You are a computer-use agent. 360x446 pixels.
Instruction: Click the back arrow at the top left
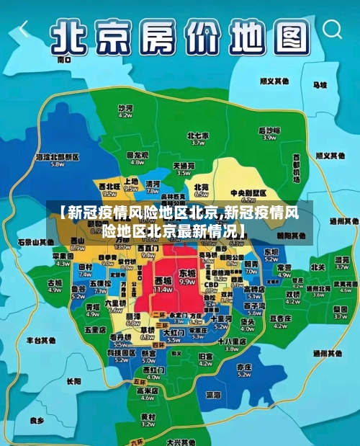point(24,30)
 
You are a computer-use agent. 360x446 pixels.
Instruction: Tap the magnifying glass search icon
point(333,30)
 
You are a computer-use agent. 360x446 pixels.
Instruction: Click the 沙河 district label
point(126,108)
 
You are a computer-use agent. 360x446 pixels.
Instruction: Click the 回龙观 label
point(136,155)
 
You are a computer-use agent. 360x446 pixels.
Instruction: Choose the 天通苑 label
point(184,166)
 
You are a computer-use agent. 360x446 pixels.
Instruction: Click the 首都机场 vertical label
point(296,167)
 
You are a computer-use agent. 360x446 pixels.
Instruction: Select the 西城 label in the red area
point(163,280)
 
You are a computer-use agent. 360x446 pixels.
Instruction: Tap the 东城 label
point(187,274)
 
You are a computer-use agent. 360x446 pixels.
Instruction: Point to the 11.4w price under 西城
point(163,289)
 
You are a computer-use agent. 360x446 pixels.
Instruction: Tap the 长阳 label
point(73,381)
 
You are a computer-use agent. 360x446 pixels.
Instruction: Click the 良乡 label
point(37,419)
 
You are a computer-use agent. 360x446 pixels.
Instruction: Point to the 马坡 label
point(319,84)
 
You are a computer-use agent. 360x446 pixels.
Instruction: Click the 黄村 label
point(148,416)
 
